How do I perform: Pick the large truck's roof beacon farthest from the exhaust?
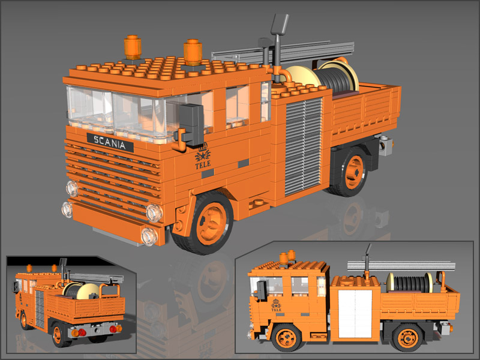point(133,47)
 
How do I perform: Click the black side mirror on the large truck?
point(190,124)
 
